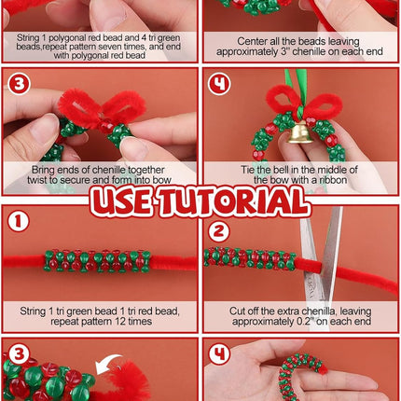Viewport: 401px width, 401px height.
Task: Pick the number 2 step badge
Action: click(217, 231)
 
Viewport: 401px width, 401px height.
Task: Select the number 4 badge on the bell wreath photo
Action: click(218, 85)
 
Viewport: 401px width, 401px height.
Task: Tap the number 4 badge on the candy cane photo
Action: click(218, 354)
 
